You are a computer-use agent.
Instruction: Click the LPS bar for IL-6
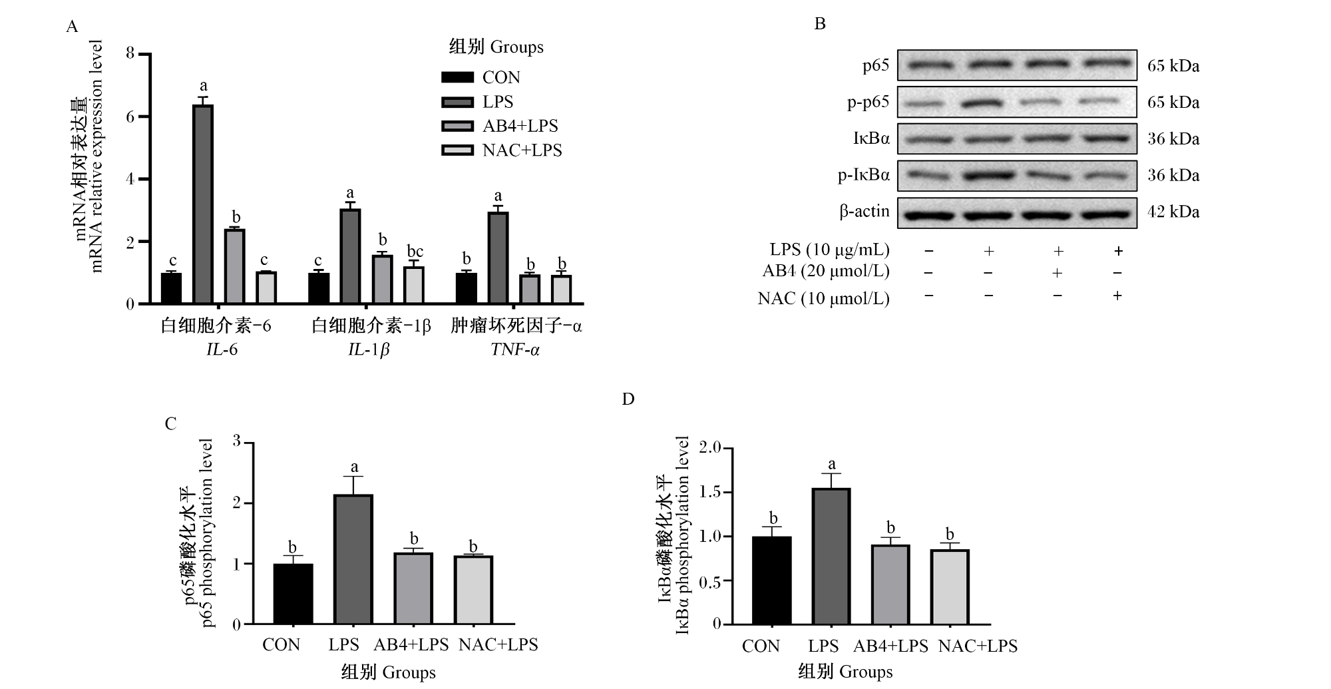pyautogui.click(x=203, y=204)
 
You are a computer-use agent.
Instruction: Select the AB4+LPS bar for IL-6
pyautogui.click(x=235, y=267)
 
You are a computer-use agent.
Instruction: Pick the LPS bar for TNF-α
pyautogui.click(x=498, y=258)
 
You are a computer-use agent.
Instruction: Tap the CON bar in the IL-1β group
pyautogui.click(x=319, y=289)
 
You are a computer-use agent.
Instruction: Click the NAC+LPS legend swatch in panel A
pyautogui.click(x=458, y=150)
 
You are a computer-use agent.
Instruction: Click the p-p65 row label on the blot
pyautogui.click(x=868, y=102)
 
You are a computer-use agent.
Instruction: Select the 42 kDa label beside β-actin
pyautogui.click(x=1173, y=212)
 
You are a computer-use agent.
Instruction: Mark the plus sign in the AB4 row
pyautogui.click(x=1056, y=273)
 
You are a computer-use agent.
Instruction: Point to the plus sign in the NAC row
pyautogui.click(x=1117, y=295)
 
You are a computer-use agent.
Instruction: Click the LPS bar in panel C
pyautogui.click(x=353, y=559)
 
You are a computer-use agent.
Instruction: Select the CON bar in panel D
pyautogui.click(x=772, y=580)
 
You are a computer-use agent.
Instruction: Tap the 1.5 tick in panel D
pyautogui.click(x=709, y=493)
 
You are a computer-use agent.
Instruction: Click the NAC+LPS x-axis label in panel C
pyautogui.click(x=498, y=644)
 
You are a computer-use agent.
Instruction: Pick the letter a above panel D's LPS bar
pyautogui.click(x=831, y=465)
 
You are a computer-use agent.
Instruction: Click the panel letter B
pyautogui.click(x=820, y=24)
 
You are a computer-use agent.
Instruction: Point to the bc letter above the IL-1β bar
pyautogui.click(x=415, y=251)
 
